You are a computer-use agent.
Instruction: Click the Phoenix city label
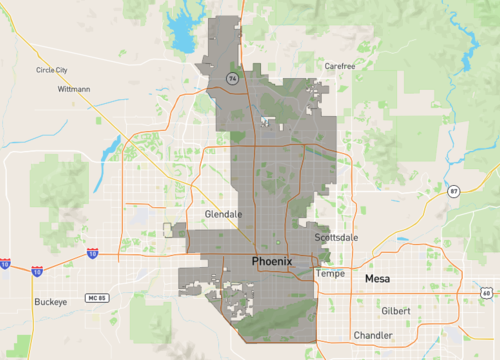pyautogui.click(x=272, y=262)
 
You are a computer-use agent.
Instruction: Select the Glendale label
pyautogui.click(x=223, y=214)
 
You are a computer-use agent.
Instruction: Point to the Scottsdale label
pyautogui.click(x=336, y=238)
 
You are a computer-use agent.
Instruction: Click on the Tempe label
pyautogui.click(x=330, y=273)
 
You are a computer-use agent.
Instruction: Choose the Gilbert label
pyautogui.click(x=396, y=311)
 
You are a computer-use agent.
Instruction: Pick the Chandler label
pyautogui.click(x=372, y=335)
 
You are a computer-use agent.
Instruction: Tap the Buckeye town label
pyautogui.click(x=50, y=301)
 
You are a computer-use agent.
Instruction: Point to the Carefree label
pyautogui.click(x=340, y=65)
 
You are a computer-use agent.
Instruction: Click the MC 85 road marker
pyautogui.click(x=96, y=299)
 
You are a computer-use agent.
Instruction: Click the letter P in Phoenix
pyautogui.click(x=255, y=262)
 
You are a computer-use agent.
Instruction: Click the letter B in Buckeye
pyautogui.click(x=36, y=301)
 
